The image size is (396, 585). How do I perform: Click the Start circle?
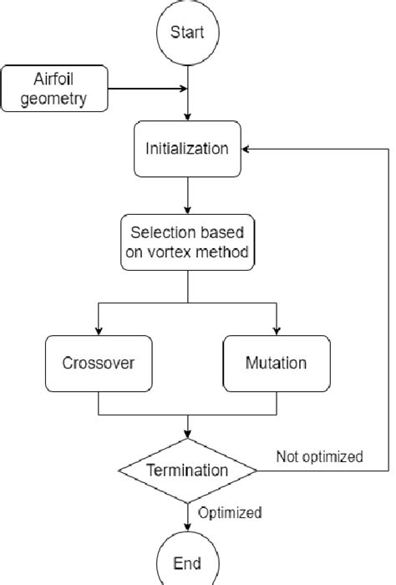click(x=187, y=33)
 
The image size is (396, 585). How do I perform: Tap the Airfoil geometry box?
click(x=57, y=90)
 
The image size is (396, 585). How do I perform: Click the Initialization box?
click(x=187, y=149)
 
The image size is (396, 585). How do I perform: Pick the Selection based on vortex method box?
click(x=187, y=242)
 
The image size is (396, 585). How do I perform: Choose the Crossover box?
click(x=99, y=363)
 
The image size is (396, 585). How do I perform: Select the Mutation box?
click(x=276, y=363)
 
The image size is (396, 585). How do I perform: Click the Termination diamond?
click(x=187, y=471)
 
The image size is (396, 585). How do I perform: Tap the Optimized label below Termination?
click(x=229, y=512)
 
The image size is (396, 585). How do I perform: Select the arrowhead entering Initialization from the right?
click(x=248, y=149)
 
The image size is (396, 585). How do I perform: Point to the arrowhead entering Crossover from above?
click(x=99, y=331)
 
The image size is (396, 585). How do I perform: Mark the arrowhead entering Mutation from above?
click(x=276, y=331)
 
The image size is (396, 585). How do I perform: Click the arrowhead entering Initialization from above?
click(x=187, y=120)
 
